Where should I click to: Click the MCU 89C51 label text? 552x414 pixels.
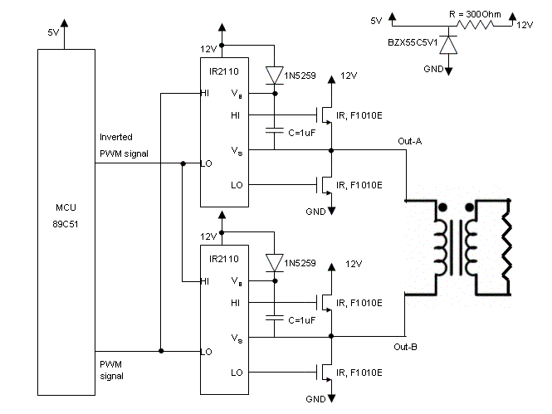[66, 216]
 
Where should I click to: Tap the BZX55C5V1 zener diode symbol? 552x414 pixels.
[448, 45]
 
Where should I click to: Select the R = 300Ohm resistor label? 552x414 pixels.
[475, 14]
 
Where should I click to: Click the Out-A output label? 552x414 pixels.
[410, 141]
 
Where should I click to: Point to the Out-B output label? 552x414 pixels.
[406, 347]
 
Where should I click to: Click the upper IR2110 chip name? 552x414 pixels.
[224, 71]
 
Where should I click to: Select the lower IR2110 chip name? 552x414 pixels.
[224, 259]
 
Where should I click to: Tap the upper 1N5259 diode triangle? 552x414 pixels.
[275, 75]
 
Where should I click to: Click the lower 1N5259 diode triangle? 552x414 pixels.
[275, 263]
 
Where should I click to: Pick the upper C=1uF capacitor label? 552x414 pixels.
[301, 133]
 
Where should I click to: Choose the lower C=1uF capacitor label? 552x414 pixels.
[301, 320]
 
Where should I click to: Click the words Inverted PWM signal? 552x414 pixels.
[124, 145]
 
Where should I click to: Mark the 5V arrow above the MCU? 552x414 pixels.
[64, 34]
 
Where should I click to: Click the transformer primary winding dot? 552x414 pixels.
[443, 207]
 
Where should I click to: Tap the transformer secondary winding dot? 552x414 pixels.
[469, 207]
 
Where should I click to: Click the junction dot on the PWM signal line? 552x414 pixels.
[161, 351]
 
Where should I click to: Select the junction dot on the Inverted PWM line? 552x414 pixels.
[183, 163]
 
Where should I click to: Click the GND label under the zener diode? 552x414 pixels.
[433, 69]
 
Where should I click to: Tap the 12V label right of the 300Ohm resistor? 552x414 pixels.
[525, 25]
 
